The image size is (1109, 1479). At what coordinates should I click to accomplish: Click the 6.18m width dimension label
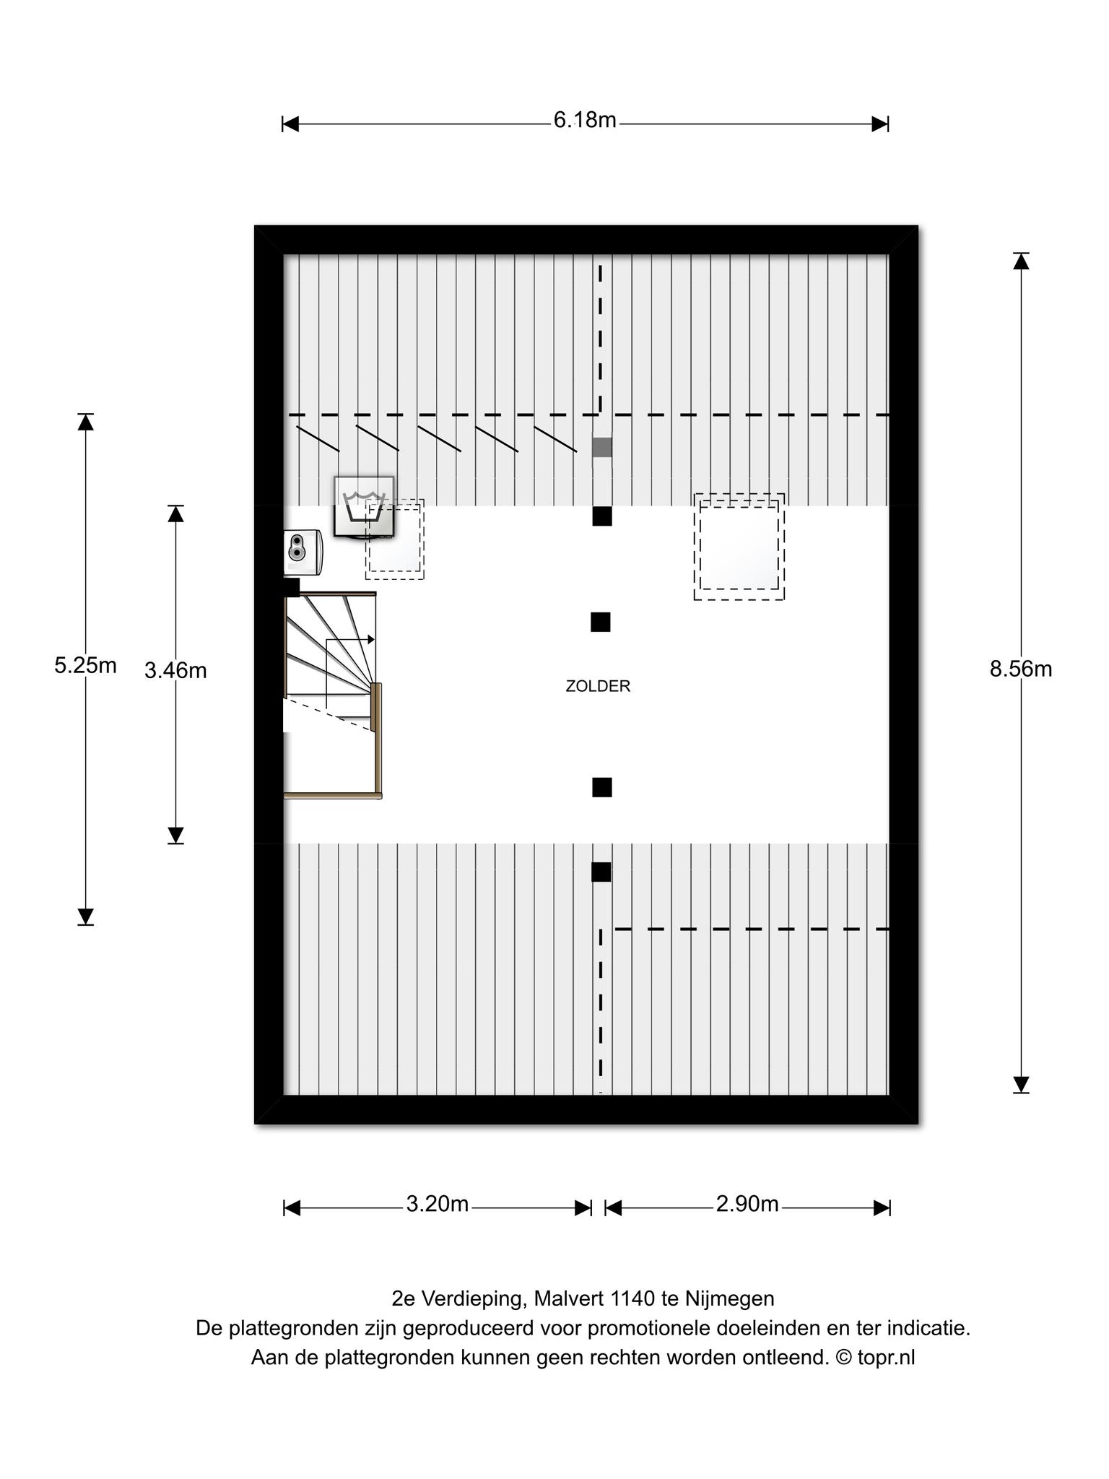click(x=585, y=120)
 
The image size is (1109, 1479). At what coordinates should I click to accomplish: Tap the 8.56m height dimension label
click(x=1020, y=669)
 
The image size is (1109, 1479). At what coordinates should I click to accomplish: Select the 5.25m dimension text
click(x=85, y=665)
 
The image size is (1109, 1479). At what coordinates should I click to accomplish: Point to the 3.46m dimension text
click(x=175, y=671)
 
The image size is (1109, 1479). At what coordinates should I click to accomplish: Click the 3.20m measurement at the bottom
click(x=438, y=1204)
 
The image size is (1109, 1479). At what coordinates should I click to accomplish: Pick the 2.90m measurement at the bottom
click(x=747, y=1204)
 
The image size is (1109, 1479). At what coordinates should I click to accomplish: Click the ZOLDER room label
click(x=598, y=686)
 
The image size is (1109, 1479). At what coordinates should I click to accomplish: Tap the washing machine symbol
click(x=364, y=506)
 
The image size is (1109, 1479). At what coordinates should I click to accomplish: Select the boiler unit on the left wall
click(x=303, y=552)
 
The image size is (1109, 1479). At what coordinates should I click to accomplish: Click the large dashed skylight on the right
click(x=739, y=547)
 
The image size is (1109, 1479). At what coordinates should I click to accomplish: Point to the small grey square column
click(x=602, y=447)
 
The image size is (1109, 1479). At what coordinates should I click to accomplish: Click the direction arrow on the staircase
click(x=349, y=640)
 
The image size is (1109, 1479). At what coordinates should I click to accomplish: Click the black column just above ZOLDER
click(x=601, y=622)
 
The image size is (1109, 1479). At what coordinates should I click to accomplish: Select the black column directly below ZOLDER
click(x=602, y=787)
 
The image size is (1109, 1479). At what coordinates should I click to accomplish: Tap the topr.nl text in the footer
click(x=886, y=1358)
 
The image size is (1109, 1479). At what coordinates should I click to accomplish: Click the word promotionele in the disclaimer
click(x=635, y=1328)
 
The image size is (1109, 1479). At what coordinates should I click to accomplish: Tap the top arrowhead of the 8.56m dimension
click(x=1021, y=261)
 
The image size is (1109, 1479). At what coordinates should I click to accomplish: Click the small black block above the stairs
click(x=292, y=587)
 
